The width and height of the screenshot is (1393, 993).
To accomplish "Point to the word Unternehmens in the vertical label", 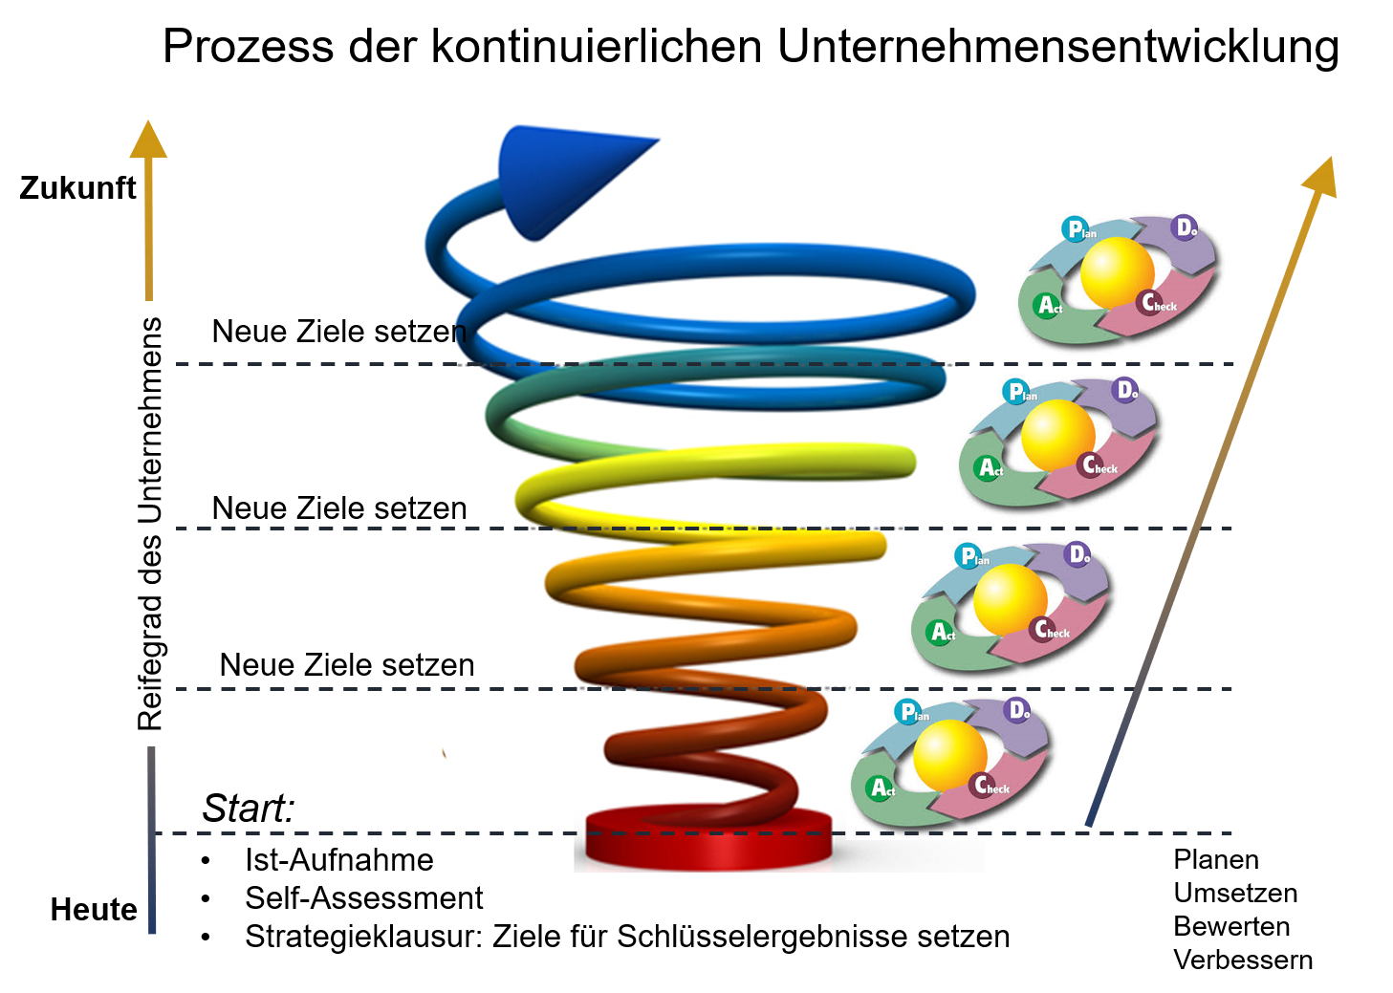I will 150,421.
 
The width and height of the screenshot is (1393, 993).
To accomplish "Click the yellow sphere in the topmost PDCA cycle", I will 1117,271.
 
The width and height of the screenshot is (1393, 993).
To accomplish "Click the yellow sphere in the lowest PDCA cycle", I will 949,754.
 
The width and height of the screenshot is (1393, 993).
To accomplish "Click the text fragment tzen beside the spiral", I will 446,665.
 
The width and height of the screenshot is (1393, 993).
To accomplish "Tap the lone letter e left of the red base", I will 425,861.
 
